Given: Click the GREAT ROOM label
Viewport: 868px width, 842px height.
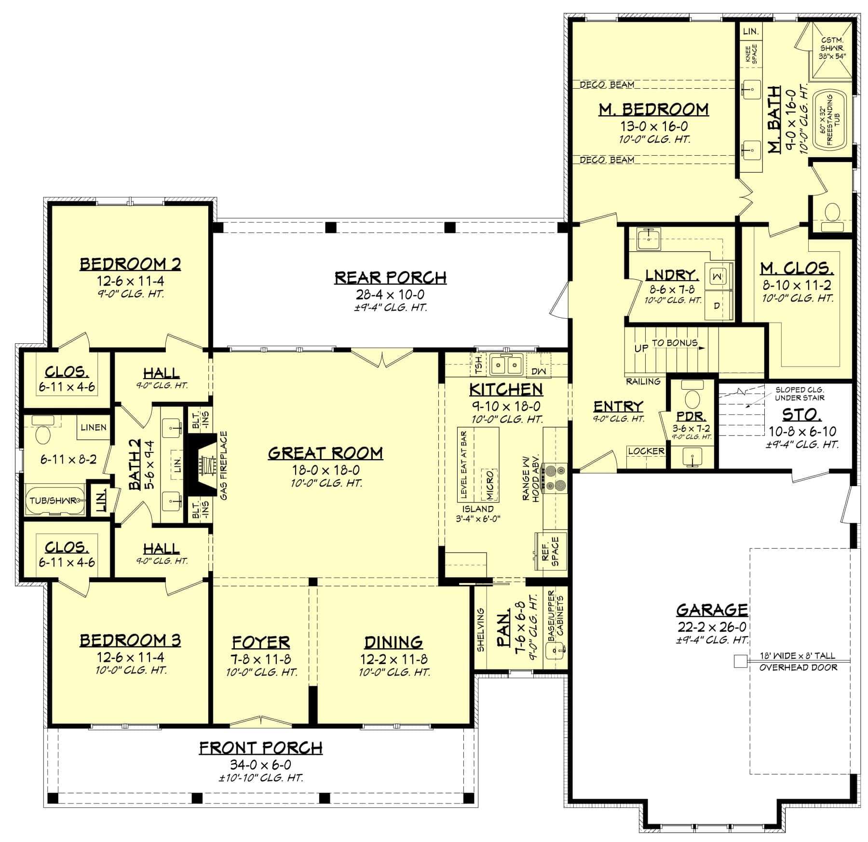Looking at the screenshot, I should point(325,453).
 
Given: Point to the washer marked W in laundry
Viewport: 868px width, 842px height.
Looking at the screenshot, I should point(717,276).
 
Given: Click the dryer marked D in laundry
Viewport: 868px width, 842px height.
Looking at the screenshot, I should point(717,305).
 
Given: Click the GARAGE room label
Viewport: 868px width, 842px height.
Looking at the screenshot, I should point(712,610).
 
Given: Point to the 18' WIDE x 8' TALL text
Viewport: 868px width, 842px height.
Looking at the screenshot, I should point(798,656).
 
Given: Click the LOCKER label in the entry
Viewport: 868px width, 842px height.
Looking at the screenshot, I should point(646,451).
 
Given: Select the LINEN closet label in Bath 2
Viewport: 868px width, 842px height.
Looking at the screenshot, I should point(93,427).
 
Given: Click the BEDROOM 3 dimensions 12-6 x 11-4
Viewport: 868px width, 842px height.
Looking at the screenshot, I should point(130,657).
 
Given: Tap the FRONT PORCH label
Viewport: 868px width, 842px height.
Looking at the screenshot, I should point(261,748).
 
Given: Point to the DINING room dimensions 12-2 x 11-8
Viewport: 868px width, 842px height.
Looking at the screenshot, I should point(393,659).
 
